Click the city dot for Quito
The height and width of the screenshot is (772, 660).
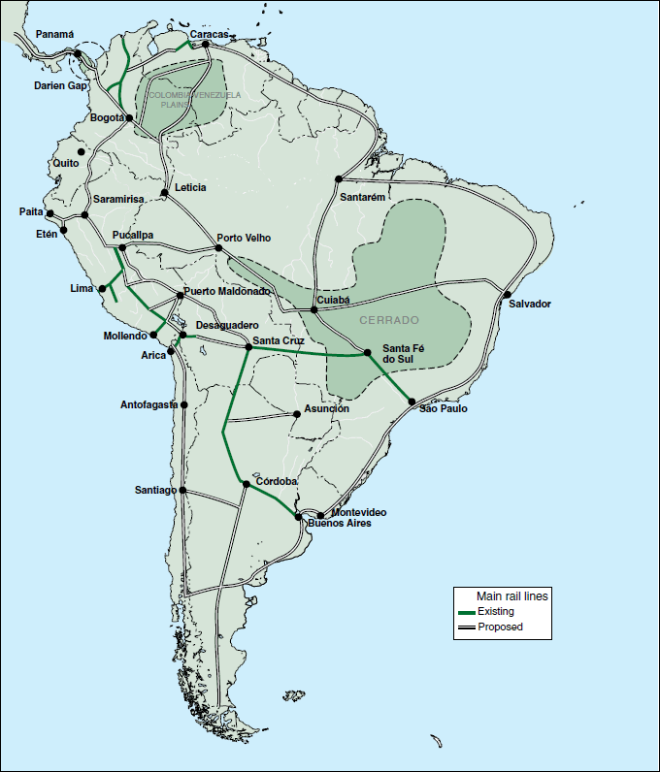point(82,151)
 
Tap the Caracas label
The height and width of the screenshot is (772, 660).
point(209,34)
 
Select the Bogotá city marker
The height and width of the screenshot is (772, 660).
point(129,118)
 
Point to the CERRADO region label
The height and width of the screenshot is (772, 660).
point(389,319)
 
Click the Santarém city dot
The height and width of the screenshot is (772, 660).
point(339,179)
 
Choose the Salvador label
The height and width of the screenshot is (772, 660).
point(530,304)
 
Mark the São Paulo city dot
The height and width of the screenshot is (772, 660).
point(412,402)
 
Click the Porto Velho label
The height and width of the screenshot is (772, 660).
point(244,238)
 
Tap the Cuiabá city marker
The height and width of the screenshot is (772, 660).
point(313,309)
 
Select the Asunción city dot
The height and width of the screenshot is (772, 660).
point(297,414)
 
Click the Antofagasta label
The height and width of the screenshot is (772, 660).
point(148,404)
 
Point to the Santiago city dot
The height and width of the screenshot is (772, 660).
point(182,491)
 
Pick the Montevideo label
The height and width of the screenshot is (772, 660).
point(359,511)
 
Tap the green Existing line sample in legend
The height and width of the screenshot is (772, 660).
point(466,612)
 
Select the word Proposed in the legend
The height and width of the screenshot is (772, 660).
point(500,627)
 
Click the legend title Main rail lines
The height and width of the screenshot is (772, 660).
point(512,596)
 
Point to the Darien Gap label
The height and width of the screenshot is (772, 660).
point(61,85)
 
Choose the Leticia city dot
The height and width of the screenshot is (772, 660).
point(165,193)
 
